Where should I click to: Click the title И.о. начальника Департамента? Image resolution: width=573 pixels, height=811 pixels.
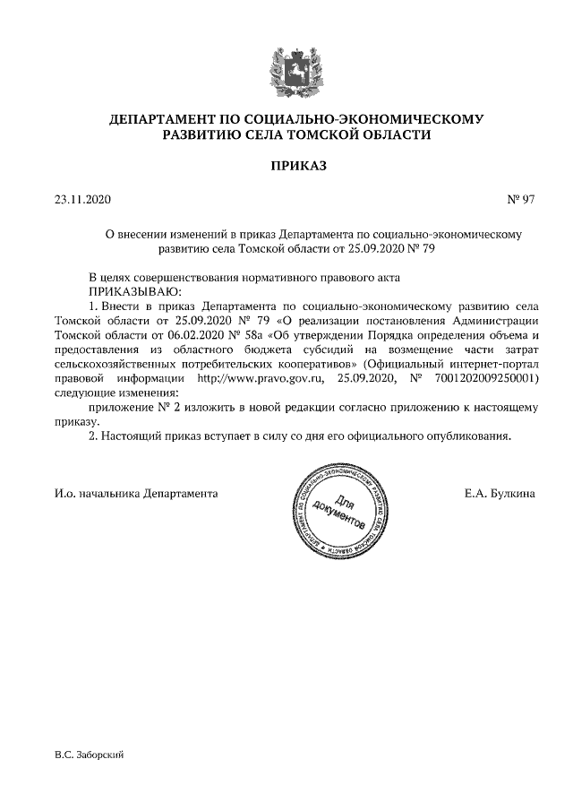(136, 493)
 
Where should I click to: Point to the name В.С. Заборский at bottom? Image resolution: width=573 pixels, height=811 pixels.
(89, 755)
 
